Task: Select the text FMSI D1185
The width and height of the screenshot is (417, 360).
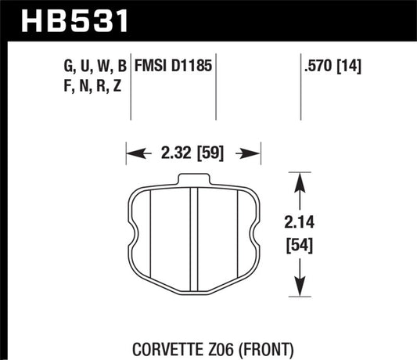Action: click(x=177, y=62)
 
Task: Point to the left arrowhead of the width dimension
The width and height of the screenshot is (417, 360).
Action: click(x=131, y=153)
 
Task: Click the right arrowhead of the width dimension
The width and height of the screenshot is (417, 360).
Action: click(x=254, y=153)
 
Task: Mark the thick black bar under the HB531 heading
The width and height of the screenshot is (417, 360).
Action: click(x=208, y=36)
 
